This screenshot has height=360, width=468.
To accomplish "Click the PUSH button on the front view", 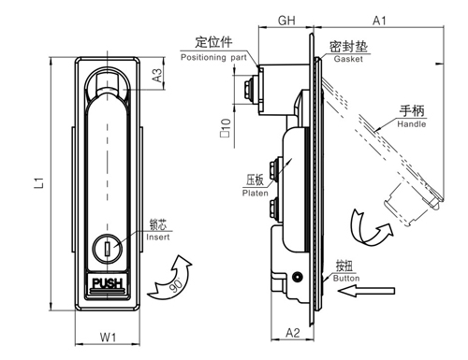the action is point(108,283).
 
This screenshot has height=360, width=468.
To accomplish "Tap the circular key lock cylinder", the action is point(107,248).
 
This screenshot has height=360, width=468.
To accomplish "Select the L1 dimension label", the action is point(39,183).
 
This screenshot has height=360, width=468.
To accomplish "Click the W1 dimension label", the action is point(108,338).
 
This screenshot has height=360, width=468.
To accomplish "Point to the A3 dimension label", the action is point(158,75).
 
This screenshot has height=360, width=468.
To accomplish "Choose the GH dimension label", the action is point(286,21).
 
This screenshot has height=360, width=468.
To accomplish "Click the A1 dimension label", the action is point(379,21).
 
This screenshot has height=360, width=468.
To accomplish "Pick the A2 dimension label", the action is point(293,333).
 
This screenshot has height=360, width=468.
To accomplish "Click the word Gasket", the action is point(348,59).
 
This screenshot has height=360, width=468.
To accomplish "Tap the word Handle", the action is point(412,124).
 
